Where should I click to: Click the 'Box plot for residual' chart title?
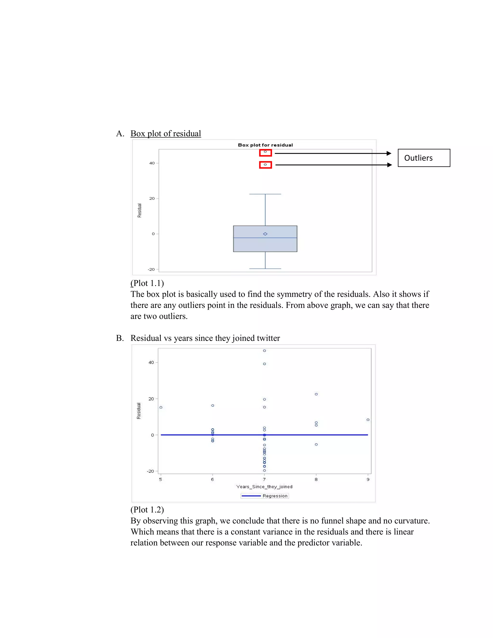pyautogui.click(x=265, y=145)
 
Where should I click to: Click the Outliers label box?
pyautogui.click(x=424, y=158)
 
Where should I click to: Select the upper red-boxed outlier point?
pyautogui.click(x=265, y=152)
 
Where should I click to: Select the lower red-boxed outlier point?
pyautogui.click(x=265, y=165)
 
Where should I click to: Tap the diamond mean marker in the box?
pyautogui.click(x=265, y=234)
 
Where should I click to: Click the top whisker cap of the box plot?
pyautogui.click(x=265, y=194)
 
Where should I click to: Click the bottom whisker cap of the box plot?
pyautogui.click(x=265, y=268)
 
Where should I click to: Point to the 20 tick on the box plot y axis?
pyautogui.click(x=152, y=198)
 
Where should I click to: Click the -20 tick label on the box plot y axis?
pyautogui.click(x=151, y=269)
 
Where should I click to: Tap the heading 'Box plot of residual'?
pyautogui.click(x=166, y=134)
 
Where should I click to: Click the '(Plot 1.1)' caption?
pyautogui.click(x=147, y=283)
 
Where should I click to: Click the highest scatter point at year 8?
pyautogui.click(x=316, y=394)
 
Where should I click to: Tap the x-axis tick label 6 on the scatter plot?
pyautogui.click(x=212, y=479)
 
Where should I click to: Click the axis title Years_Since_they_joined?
pyautogui.click(x=264, y=487)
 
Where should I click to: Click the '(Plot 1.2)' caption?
pyautogui.click(x=147, y=510)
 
